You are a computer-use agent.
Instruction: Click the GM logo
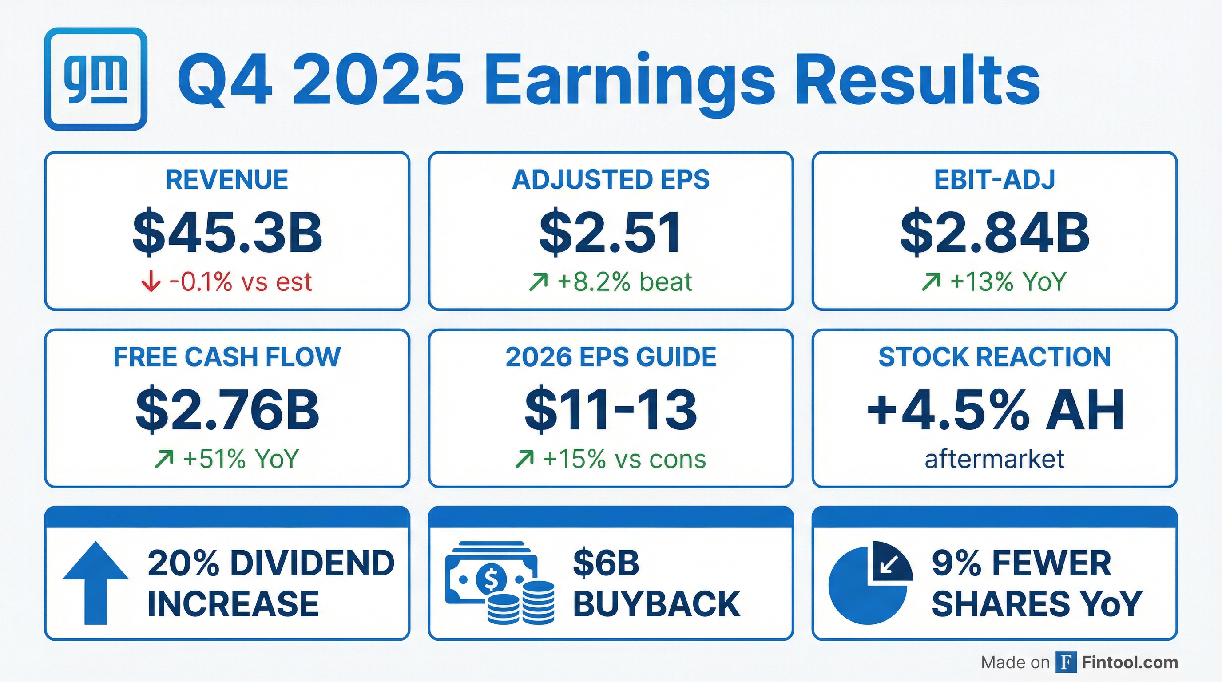95,79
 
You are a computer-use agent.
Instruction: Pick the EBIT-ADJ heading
994,180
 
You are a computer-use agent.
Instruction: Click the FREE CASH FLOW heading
227,357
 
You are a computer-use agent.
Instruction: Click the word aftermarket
994,459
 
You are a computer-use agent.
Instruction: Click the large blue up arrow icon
95,583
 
